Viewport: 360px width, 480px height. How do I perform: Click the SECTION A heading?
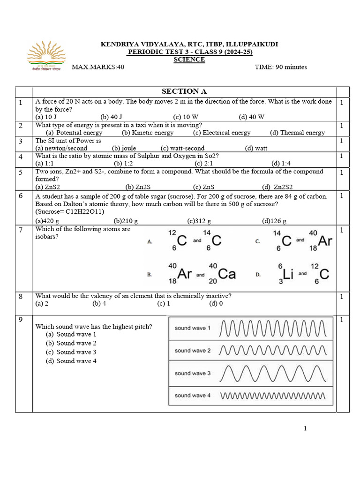click(184, 91)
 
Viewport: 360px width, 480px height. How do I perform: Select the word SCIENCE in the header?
click(189, 60)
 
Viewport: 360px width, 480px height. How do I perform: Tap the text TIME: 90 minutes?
click(281, 67)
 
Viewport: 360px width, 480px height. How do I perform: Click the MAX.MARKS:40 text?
click(98, 67)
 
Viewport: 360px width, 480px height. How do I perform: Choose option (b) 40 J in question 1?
click(111, 117)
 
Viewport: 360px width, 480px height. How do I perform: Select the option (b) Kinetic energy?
click(148, 133)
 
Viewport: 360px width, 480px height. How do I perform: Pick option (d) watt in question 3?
click(256, 148)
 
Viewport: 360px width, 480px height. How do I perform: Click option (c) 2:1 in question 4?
click(204, 163)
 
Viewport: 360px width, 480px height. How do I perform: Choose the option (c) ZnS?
click(204, 187)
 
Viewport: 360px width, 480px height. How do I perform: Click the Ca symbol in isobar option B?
click(227, 274)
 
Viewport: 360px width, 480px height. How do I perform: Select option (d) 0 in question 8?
click(216, 304)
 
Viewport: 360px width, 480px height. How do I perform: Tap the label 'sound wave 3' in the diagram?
click(193, 373)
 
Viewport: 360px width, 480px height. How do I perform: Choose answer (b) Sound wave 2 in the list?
click(71, 343)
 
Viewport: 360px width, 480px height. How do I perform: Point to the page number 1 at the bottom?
click(305, 428)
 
